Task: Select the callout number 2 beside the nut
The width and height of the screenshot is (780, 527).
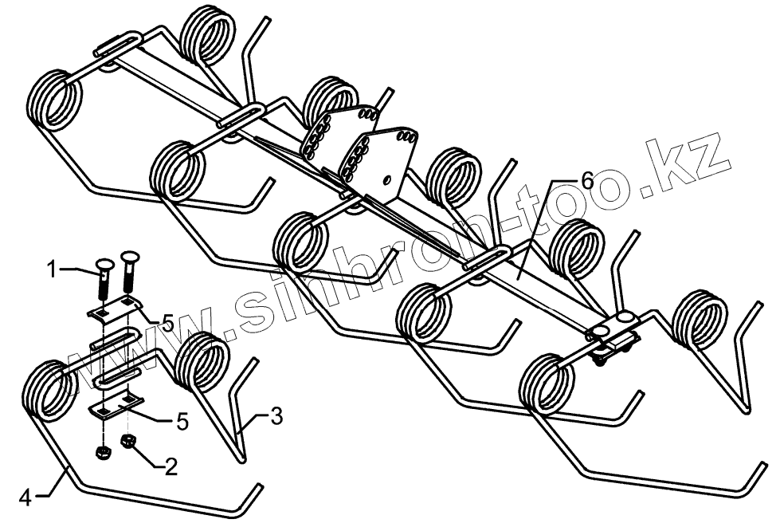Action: [x=170, y=467]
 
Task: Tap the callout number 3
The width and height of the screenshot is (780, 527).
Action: [x=275, y=415]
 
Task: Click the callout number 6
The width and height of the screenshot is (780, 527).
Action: [x=586, y=180]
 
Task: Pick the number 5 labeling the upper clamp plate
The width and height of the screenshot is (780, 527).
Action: [x=167, y=322]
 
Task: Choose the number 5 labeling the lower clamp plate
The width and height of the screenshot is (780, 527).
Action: [x=182, y=421]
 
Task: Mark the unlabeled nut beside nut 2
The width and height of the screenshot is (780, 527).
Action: [x=101, y=453]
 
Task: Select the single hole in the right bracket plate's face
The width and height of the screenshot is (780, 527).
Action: [x=387, y=177]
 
